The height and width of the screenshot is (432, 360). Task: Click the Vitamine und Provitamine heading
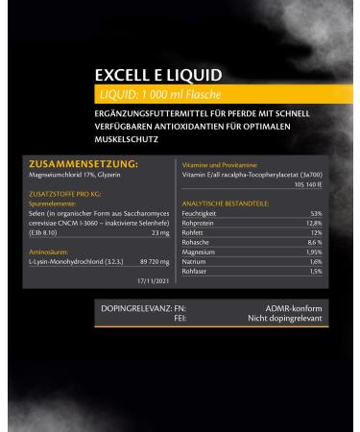[217, 165]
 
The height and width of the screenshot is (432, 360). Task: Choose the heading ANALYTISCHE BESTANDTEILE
[224, 203]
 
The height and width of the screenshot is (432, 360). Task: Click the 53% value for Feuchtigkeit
[316, 213]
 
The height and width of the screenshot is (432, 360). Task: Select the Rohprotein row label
[200, 223]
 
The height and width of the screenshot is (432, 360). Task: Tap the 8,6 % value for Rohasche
[314, 242]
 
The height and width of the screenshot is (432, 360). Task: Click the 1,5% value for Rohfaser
[315, 271]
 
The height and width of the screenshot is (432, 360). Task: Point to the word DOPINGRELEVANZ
[136, 307]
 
